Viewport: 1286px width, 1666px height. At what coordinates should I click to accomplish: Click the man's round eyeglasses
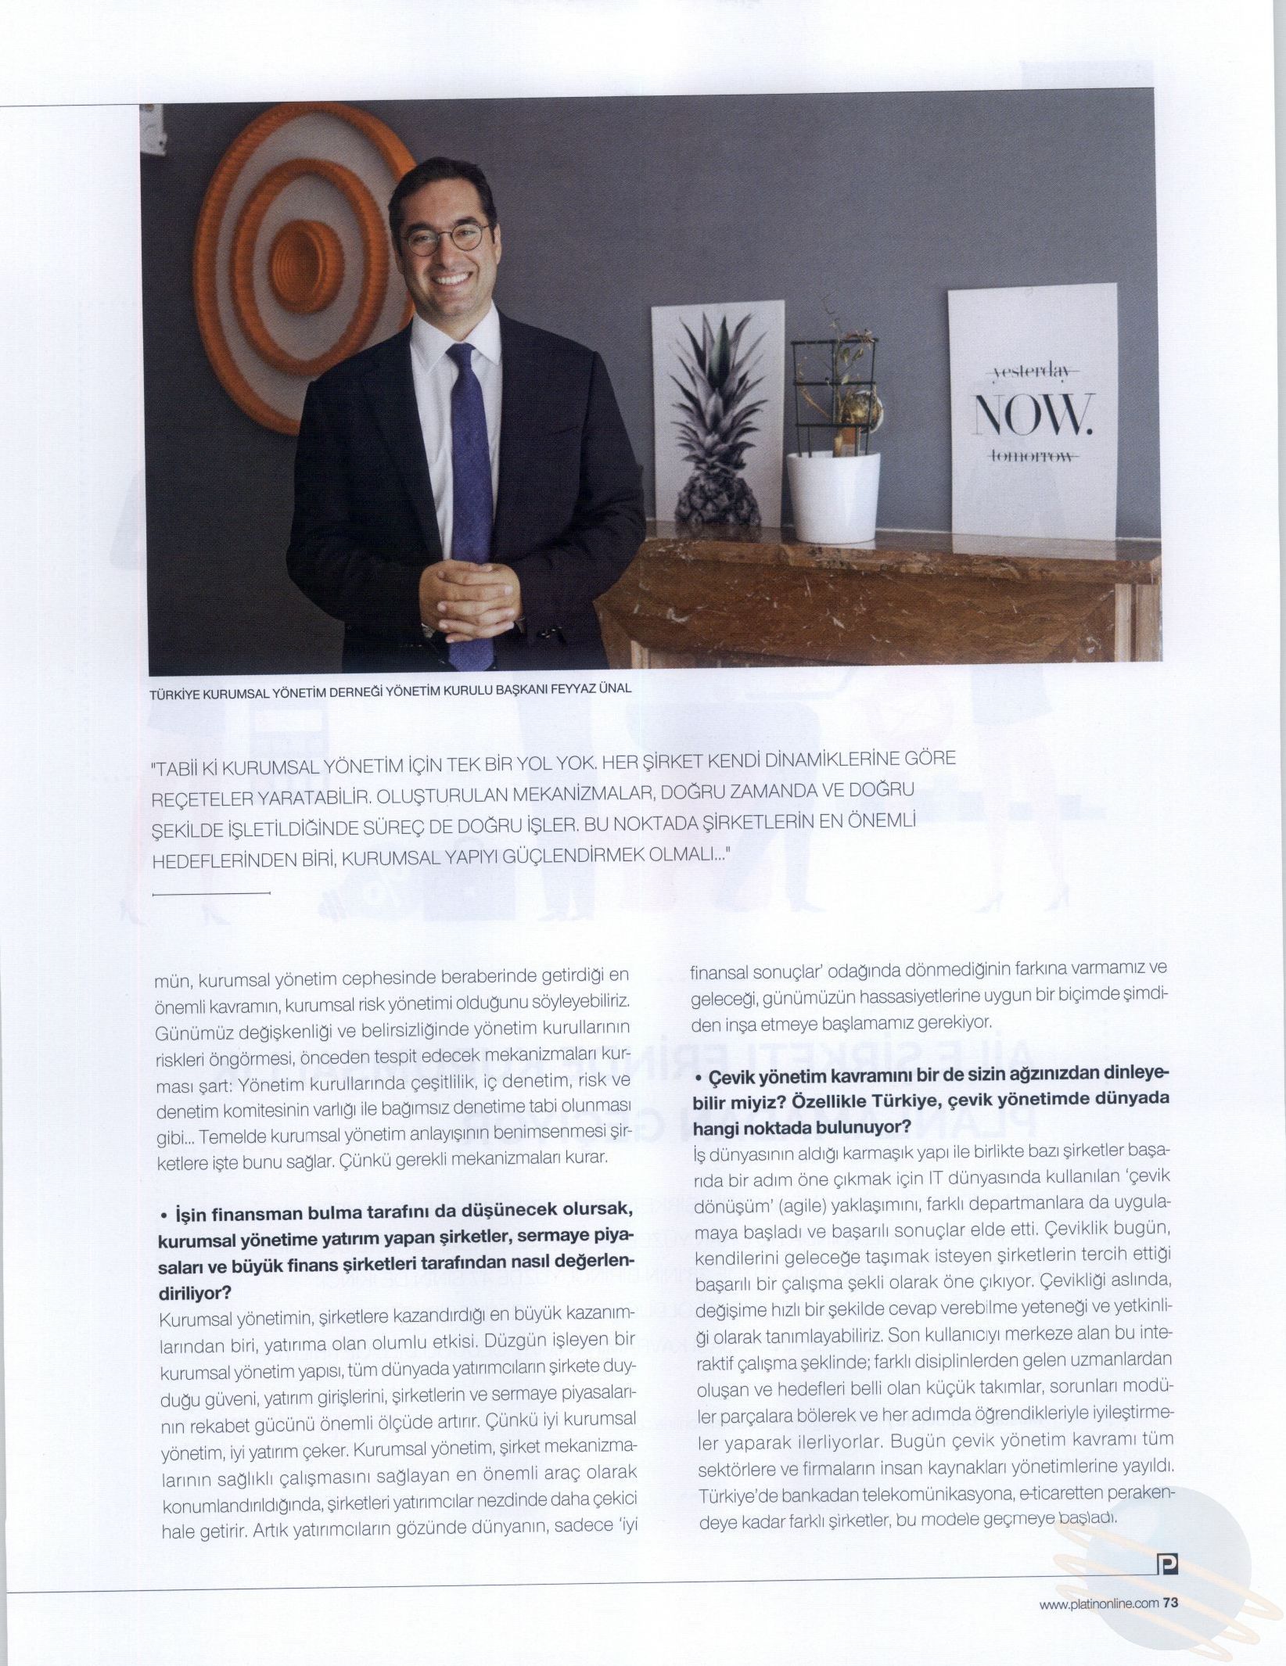pyautogui.click(x=447, y=239)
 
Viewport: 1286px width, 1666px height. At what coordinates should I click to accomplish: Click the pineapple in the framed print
pyautogui.click(x=715, y=438)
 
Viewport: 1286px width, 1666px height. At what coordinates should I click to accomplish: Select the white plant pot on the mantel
pyautogui.click(x=832, y=497)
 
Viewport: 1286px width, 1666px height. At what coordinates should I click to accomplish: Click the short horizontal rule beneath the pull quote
pyautogui.click(x=209, y=892)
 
